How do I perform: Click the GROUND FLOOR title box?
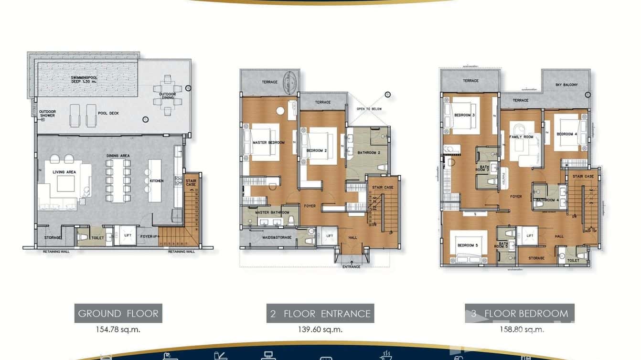coord(118,314)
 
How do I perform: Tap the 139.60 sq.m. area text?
coord(320,329)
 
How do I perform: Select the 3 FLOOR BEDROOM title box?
coord(520,314)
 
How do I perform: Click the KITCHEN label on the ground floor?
coord(156,181)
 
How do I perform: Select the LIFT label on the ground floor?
coord(127,236)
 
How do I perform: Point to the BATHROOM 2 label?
coord(368,153)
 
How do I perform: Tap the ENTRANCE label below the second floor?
coord(352,266)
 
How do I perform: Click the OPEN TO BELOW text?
coord(369,109)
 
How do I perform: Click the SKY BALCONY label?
coord(566,85)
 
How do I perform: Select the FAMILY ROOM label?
coord(521,137)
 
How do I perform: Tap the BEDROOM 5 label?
coord(467,245)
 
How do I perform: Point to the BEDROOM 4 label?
coord(567,134)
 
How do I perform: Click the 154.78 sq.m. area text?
coord(118,329)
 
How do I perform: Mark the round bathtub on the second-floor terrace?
coord(289,82)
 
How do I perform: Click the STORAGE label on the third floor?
coord(536,258)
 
